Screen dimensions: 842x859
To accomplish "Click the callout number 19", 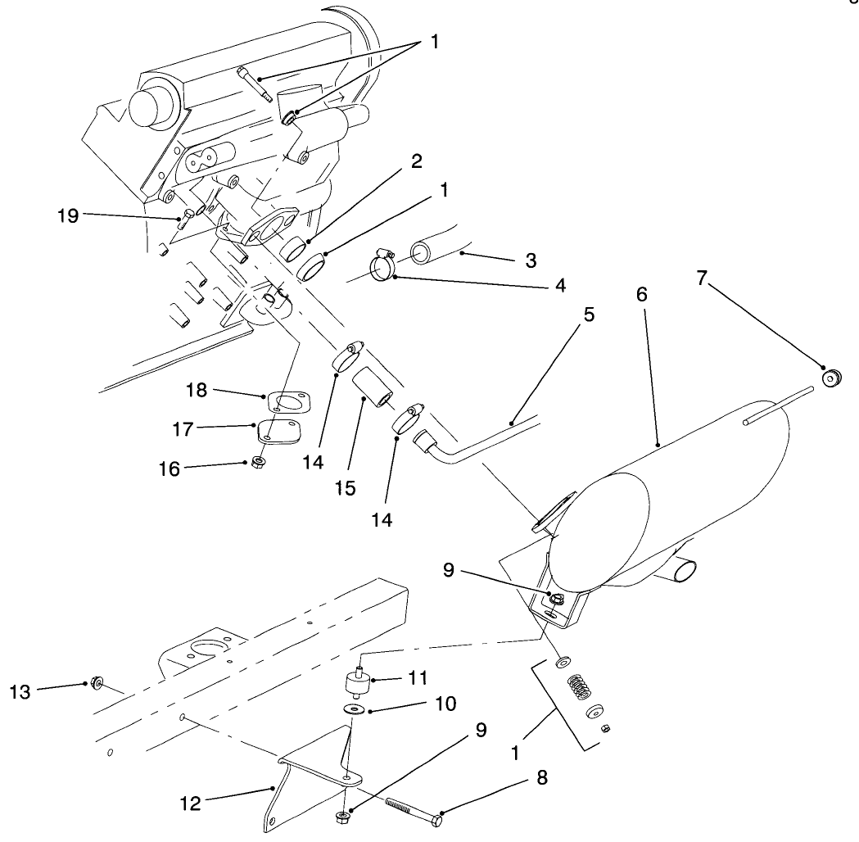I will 68,215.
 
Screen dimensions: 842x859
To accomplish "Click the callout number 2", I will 416,161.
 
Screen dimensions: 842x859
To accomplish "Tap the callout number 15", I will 345,488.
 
